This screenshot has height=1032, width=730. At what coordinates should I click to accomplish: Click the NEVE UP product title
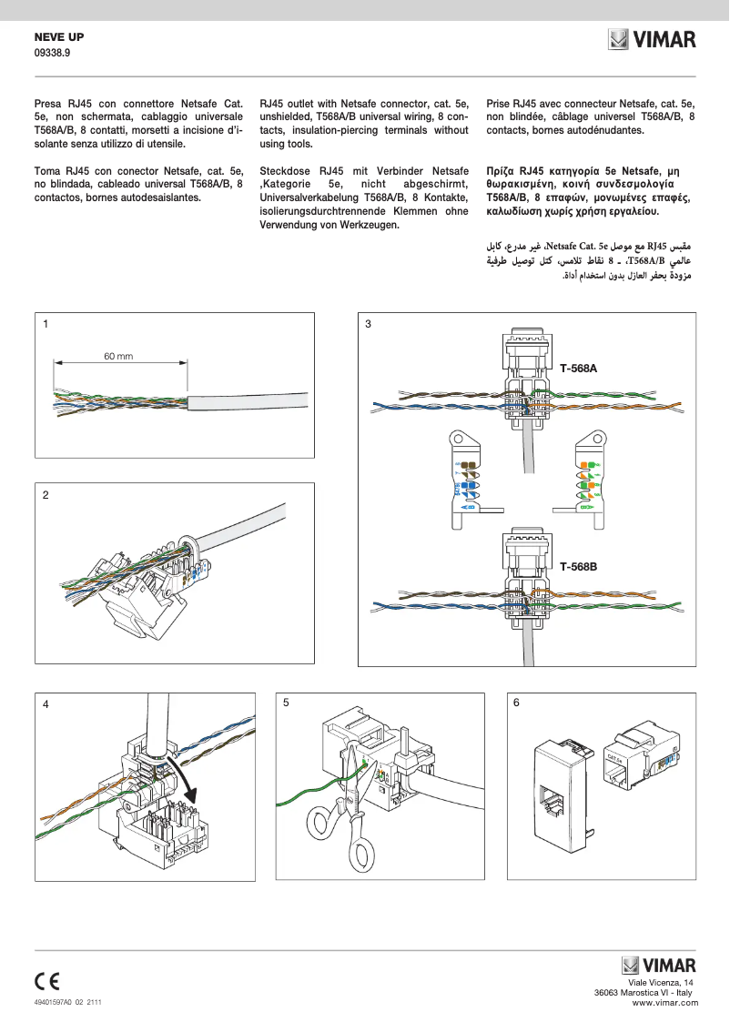click(58, 38)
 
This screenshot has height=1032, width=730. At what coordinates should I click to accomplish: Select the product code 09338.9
click(52, 54)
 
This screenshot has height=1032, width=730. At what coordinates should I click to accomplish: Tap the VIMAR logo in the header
click(653, 40)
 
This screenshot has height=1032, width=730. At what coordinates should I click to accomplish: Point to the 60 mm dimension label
click(118, 356)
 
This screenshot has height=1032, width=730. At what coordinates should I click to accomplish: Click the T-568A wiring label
click(578, 369)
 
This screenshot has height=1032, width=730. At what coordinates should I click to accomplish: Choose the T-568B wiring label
click(578, 566)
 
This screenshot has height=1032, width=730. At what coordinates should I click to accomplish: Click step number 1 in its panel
click(45, 324)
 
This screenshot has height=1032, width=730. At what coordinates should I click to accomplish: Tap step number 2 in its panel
click(45, 495)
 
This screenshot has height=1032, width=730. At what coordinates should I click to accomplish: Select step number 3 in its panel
click(368, 324)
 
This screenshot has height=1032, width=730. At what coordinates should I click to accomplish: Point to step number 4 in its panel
click(45, 704)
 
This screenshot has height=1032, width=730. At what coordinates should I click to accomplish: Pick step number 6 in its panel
click(517, 703)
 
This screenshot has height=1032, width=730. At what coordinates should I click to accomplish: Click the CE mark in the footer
click(47, 980)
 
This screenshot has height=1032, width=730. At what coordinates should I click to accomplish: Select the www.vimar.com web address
click(664, 1002)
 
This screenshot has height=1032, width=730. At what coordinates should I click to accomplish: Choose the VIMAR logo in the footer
click(659, 966)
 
